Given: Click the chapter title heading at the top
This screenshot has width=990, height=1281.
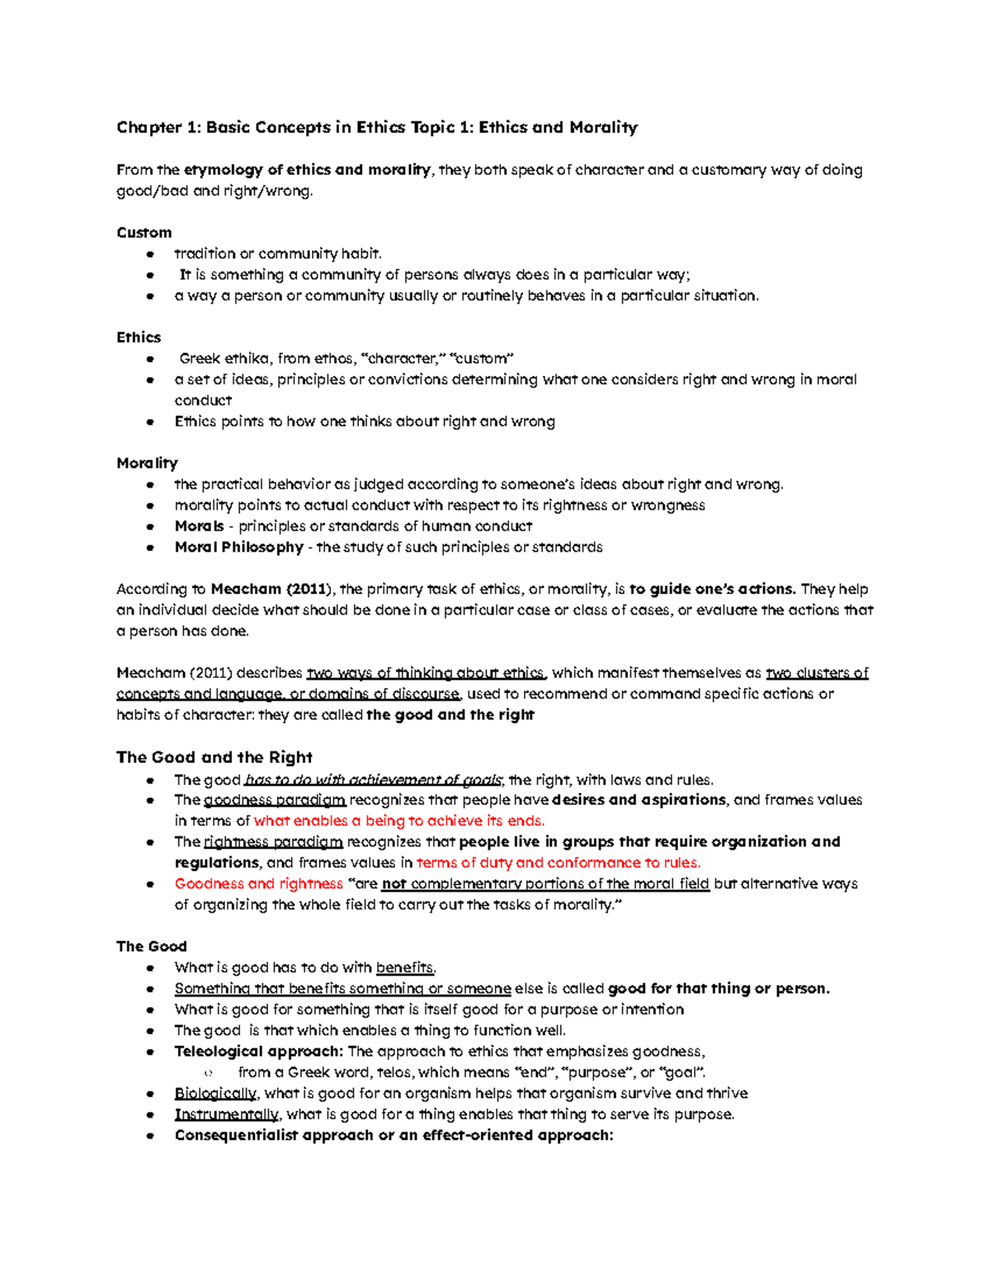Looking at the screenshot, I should point(377,127).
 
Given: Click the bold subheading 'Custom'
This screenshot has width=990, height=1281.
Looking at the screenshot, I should point(144,233).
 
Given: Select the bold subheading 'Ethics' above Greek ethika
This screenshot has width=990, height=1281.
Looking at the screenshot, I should point(139,337).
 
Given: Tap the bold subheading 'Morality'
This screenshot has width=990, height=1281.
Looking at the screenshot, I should point(147,463).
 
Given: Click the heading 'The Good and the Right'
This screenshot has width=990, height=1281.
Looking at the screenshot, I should point(214,757).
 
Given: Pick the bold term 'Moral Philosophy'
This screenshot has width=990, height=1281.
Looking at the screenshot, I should point(239,547).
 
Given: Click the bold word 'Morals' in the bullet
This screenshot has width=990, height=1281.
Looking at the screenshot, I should point(199,526).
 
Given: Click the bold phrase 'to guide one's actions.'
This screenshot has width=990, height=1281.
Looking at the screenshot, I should point(713,589).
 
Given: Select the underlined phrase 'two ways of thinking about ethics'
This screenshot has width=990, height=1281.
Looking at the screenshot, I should point(426,673).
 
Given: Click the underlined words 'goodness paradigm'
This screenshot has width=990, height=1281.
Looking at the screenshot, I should point(275,800).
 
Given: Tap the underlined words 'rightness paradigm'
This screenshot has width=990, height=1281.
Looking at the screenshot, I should point(273,842).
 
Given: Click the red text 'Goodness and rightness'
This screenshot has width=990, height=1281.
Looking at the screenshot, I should point(258,883).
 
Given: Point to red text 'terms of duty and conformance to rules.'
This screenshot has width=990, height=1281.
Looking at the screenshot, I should point(559,863).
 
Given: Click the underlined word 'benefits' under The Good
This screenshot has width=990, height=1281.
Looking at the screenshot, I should point(405,968).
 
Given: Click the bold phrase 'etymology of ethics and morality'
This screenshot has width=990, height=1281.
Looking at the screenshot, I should point(307,170).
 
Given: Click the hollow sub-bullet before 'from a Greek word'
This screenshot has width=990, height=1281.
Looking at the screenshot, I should point(208,1073).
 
